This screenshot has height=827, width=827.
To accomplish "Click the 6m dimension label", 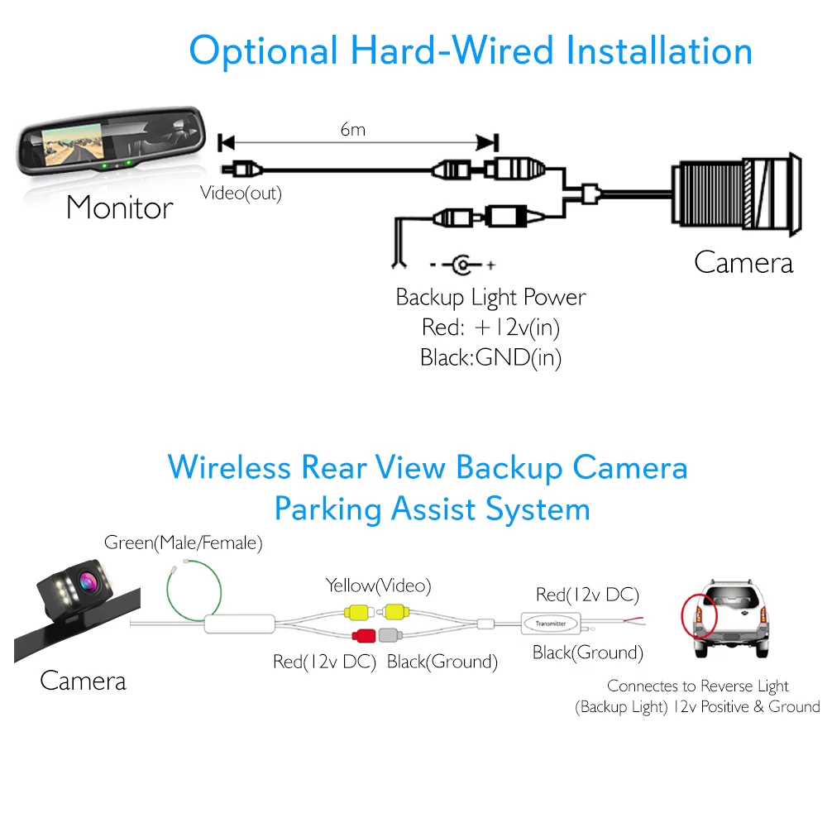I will click(353, 129).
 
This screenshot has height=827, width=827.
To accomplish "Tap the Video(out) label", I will click(241, 194).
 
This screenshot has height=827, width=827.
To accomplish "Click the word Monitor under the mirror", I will click(120, 208).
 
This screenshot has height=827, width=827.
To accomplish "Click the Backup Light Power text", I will click(490, 297).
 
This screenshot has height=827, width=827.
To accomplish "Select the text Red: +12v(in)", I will click(490, 327).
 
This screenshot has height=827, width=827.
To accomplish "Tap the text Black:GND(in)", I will click(490, 358).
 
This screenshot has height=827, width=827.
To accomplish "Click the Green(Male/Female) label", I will click(183, 543).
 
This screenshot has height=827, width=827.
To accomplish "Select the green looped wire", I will click(195, 590).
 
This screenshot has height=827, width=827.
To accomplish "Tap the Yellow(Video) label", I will click(378, 586).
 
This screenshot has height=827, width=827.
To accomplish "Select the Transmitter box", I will click(551, 622).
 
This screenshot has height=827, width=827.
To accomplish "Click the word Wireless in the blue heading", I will click(229, 467).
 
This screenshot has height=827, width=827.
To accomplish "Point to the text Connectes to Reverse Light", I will click(697, 686).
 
